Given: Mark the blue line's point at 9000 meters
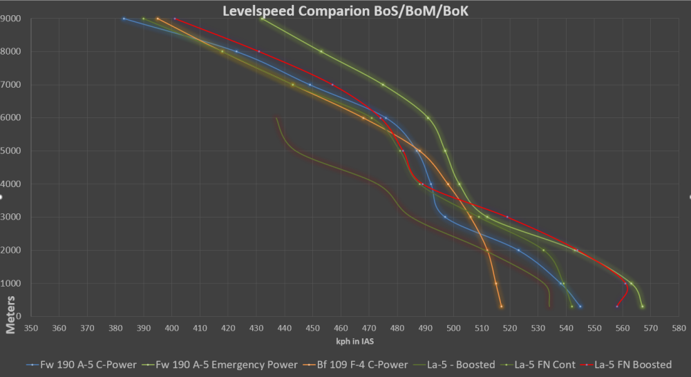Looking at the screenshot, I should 124,19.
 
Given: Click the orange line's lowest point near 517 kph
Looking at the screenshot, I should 502,307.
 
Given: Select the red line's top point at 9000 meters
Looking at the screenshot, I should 174,19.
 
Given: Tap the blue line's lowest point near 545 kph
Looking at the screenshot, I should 580,307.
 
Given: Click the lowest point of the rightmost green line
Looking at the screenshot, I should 643,307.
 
